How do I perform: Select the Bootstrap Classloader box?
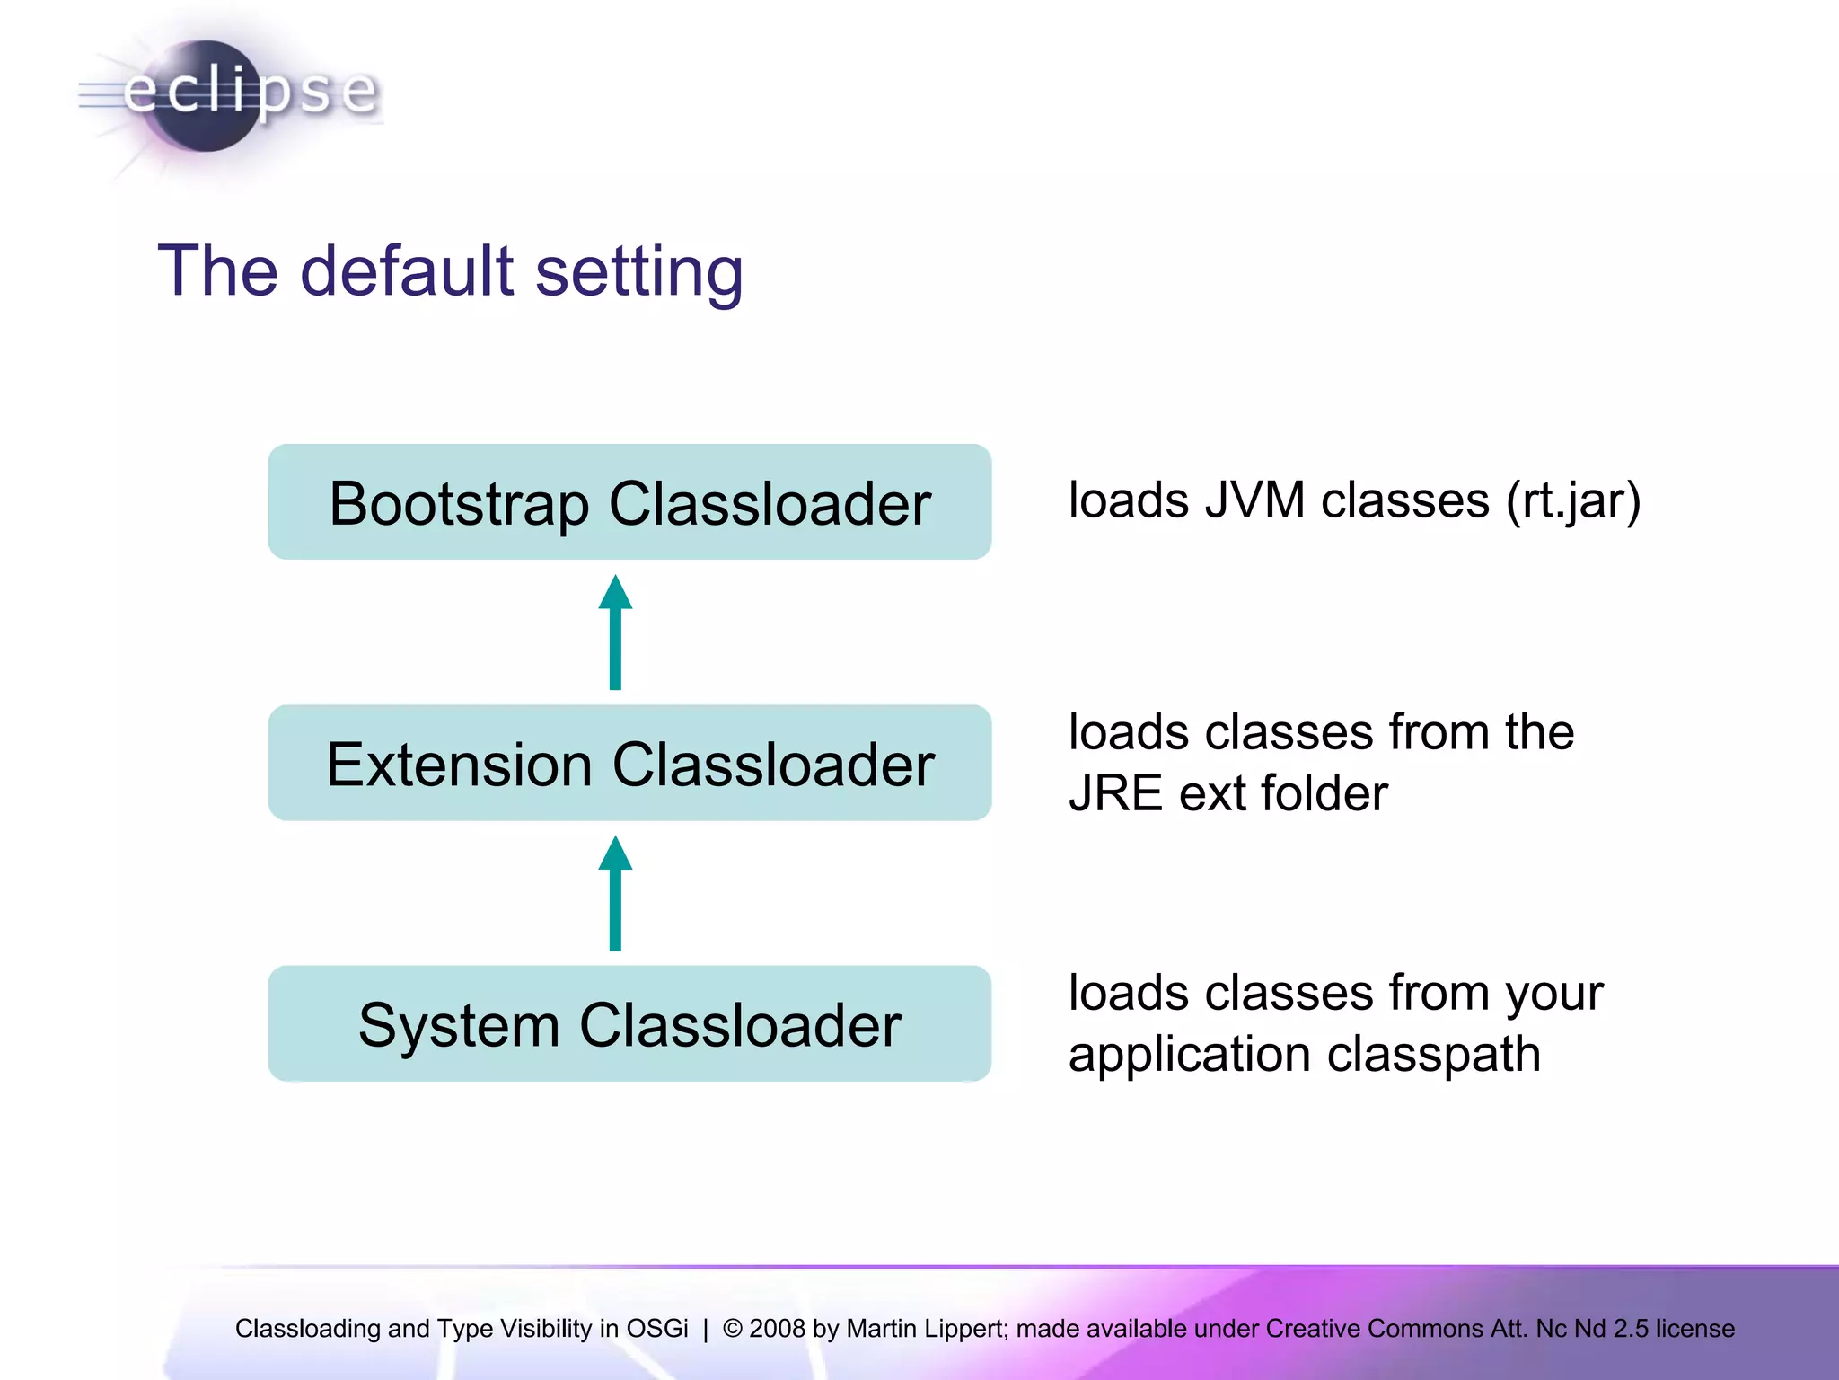click(x=629, y=502)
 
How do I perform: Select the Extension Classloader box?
click(x=629, y=763)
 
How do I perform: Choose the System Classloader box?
click(x=629, y=1024)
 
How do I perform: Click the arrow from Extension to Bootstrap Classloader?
click(x=615, y=632)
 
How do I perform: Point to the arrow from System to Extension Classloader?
click(x=615, y=893)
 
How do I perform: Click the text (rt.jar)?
click(x=1573, y=501)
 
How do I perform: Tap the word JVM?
click(x=1254, y=500)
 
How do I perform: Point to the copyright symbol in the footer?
click(x=733, y=1328)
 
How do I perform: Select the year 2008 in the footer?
click(x=777, y=1328)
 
